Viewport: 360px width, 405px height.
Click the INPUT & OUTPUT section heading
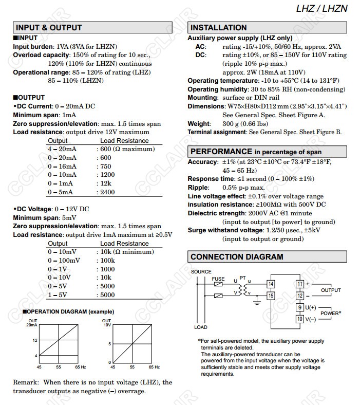click(49, 28)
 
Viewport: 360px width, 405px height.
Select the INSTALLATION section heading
click(219, 28)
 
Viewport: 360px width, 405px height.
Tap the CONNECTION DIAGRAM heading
click(236, 257)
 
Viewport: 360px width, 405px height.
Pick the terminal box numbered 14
click(271, 284)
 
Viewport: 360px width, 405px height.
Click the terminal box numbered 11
click(300, 284)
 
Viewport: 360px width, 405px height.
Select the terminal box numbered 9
click(300, 307)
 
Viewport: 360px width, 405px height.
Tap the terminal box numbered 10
click(300, 319)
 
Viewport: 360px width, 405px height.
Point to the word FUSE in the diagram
click(218, 279)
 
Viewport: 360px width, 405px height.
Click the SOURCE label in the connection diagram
click(201, 271)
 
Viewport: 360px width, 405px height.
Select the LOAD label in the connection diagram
click(201, 327)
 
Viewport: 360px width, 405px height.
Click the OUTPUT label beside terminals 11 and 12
click(331, 290)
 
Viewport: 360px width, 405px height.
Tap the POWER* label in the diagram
click(331, 313)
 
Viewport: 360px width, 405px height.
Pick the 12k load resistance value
click(105, 183)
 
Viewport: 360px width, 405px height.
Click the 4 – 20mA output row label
click(62, 149)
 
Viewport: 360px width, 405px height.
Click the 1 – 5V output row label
click(58, 295)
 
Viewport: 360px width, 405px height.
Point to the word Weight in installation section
click(199, 123)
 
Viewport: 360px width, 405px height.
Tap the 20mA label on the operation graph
click(32, 325)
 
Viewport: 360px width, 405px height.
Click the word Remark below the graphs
click(26, 382)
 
